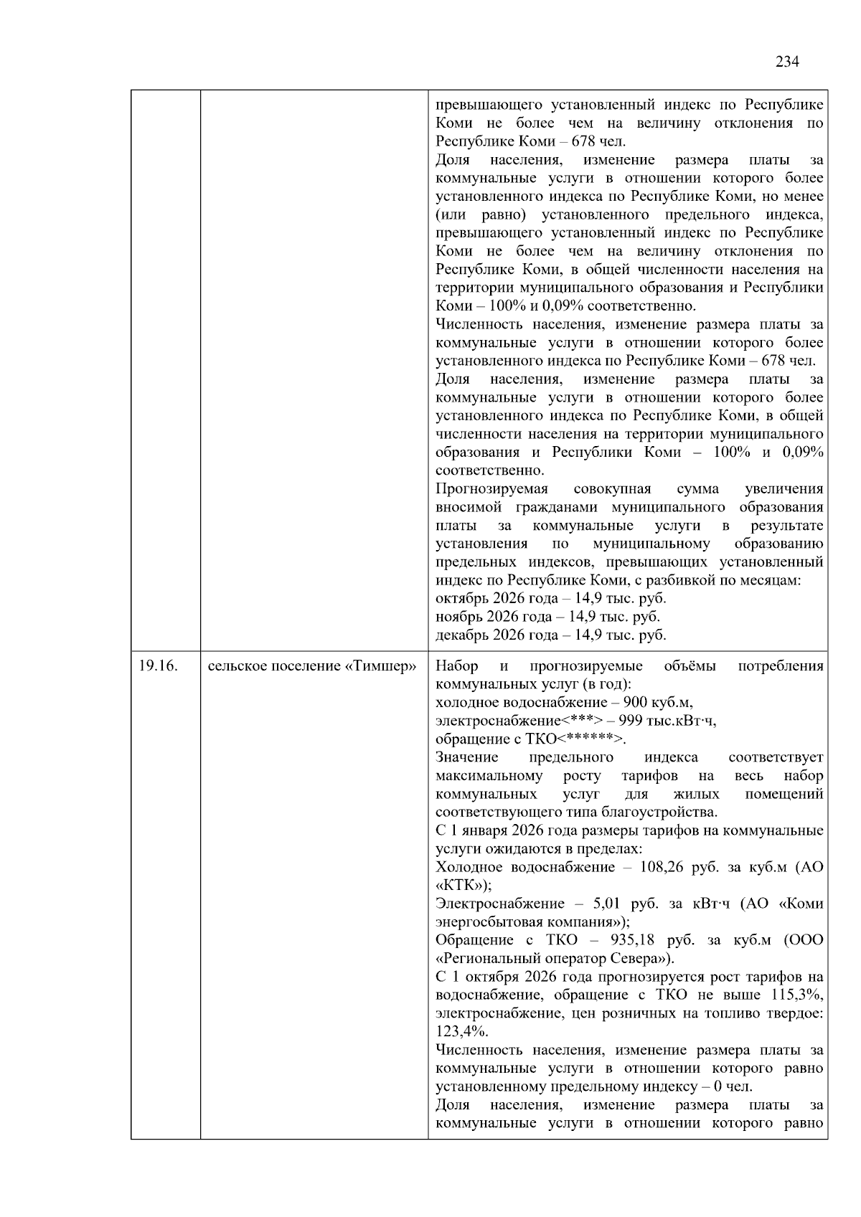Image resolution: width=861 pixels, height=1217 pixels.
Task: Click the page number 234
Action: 787,62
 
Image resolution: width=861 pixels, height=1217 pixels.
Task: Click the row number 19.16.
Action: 158,666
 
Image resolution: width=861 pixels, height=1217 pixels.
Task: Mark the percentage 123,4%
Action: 461,1031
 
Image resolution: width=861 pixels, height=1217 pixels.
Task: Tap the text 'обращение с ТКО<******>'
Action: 530,739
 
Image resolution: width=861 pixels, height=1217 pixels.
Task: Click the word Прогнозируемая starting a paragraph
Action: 491,489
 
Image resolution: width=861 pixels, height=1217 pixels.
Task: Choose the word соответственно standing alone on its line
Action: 490,470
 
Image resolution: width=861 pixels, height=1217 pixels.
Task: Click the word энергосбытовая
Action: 490,922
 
